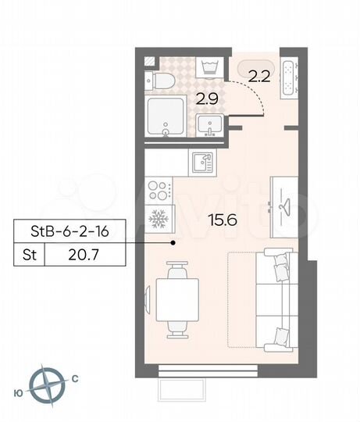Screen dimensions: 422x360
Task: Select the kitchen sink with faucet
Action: (x=202, y=163)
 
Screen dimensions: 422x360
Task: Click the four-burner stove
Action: (x=159, y=191)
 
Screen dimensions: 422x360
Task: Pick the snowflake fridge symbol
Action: (x=159, y=219)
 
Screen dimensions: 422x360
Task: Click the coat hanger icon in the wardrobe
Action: (x=283, y=205)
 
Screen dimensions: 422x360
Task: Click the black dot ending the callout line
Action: (x=173, y=243)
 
